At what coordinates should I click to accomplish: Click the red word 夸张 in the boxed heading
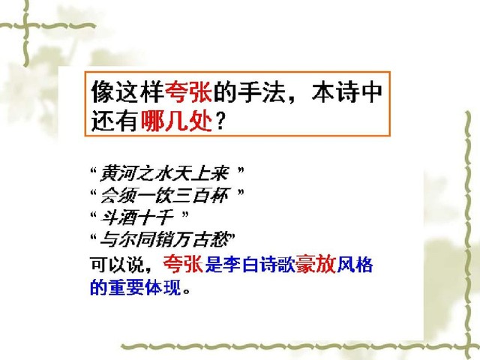189,91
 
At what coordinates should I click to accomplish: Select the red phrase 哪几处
177,121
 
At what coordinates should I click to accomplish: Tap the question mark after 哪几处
220,121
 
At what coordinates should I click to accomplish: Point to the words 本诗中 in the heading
347,91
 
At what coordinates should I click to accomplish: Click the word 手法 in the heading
262,91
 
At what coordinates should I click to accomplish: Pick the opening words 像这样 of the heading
127,91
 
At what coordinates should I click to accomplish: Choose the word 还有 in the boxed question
115,121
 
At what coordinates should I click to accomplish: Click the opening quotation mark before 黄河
94,170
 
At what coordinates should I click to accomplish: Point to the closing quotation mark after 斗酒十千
184,214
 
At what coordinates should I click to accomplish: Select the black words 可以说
117,265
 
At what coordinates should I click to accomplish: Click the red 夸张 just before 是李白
183,264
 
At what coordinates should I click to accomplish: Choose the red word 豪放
316,264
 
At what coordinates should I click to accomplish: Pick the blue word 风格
355,265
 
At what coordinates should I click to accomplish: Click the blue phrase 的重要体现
135,287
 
